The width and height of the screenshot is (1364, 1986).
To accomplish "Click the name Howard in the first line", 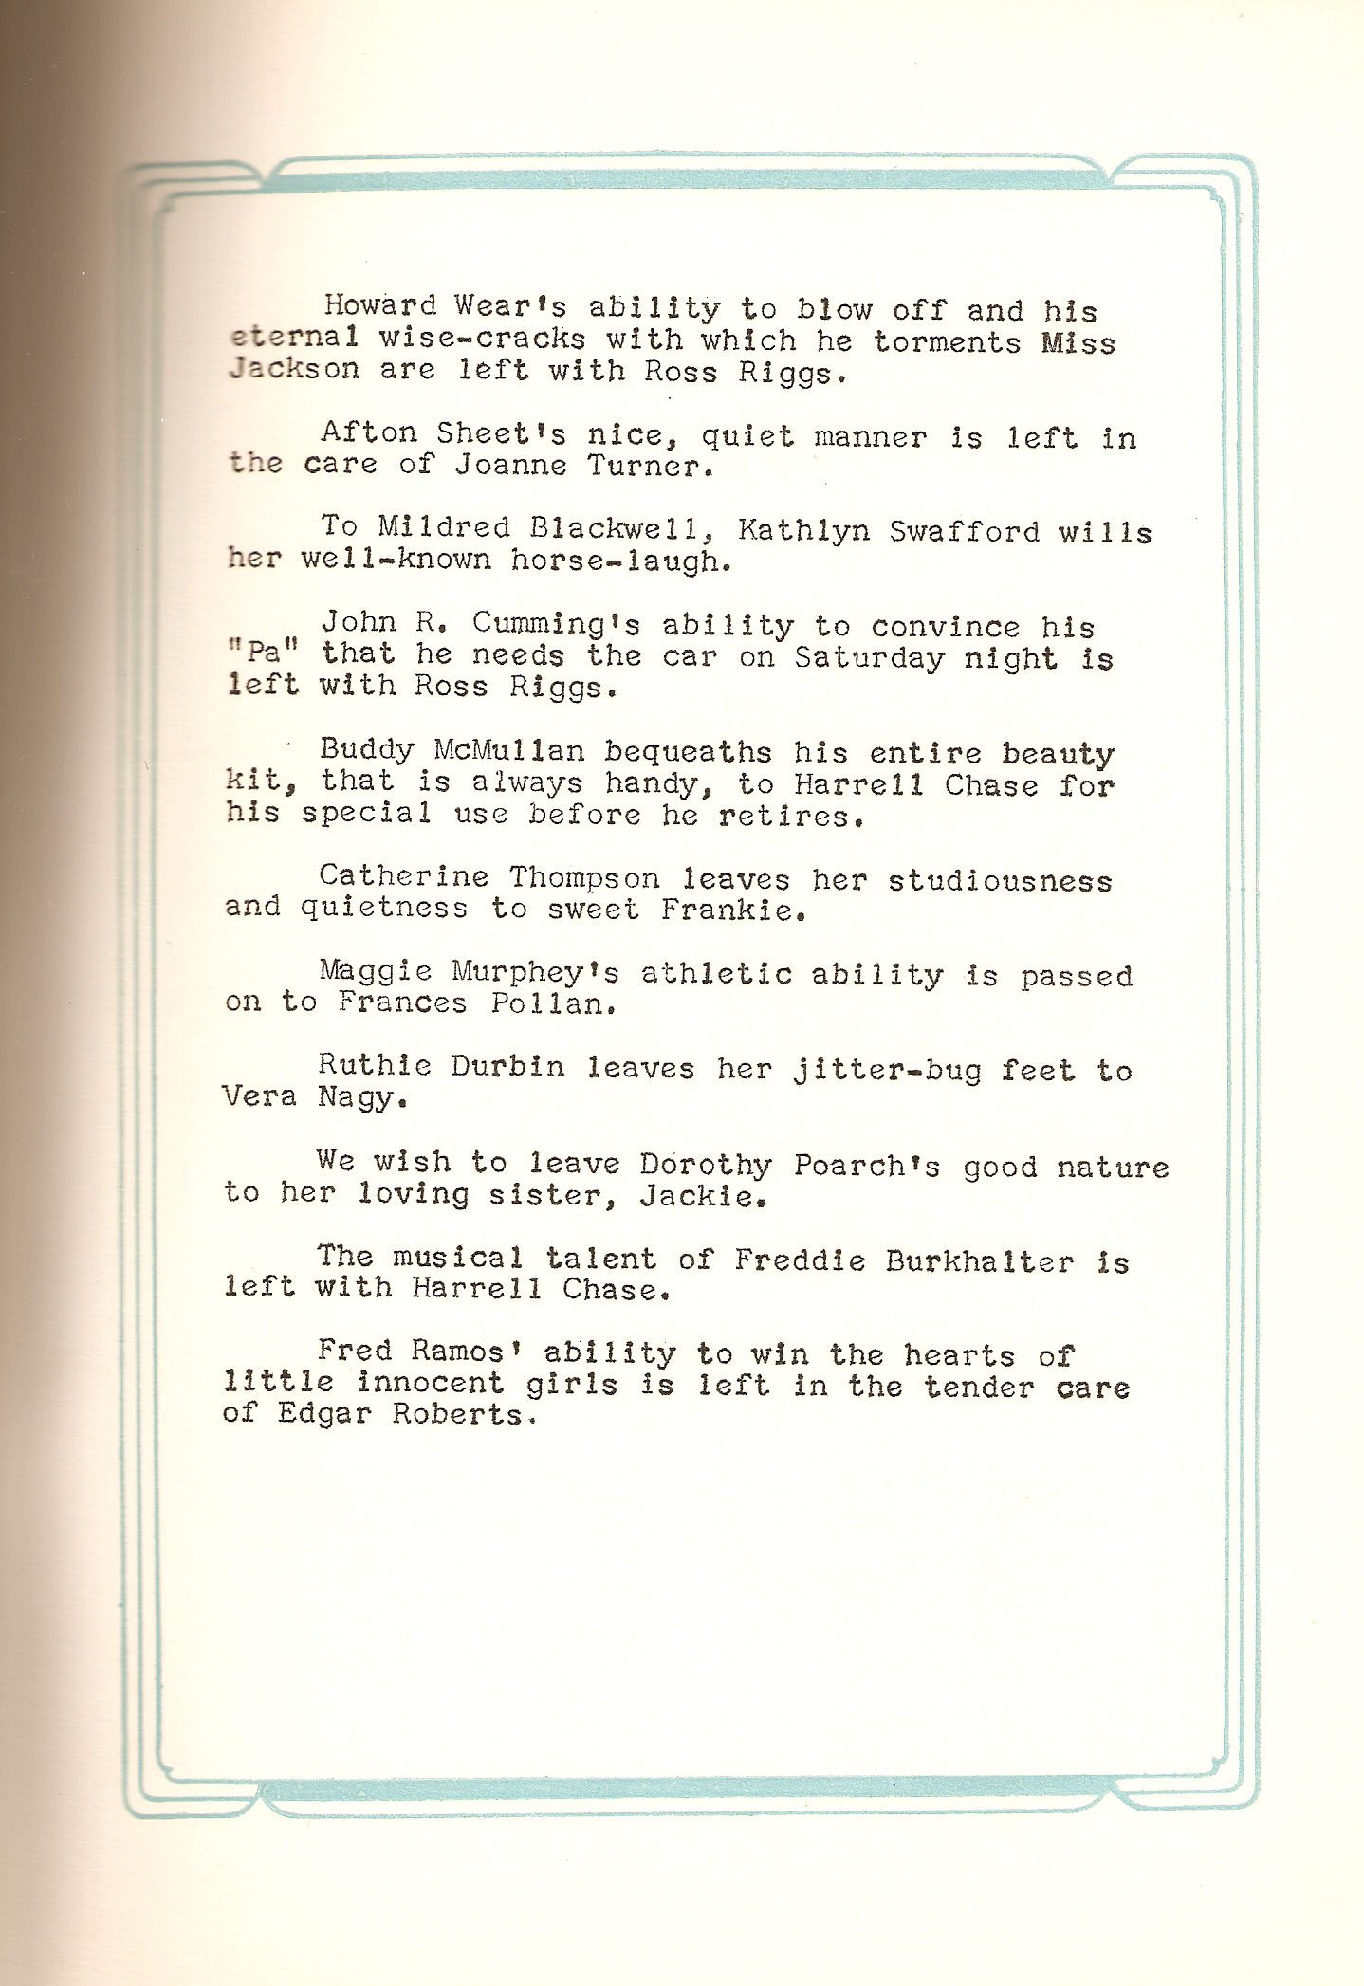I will coord(380,305).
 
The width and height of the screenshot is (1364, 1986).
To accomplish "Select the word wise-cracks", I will coord(482,339).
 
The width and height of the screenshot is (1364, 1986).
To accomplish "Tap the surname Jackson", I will coord(294,369).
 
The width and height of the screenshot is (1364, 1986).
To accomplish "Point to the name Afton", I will coord(369,432).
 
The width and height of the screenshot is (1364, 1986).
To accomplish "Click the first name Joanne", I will coord(510,466).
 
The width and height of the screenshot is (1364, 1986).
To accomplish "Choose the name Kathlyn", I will coord(803,529).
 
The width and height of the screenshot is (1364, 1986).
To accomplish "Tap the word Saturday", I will coord(869,657).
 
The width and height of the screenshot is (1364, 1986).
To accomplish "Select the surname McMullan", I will coord(508,750).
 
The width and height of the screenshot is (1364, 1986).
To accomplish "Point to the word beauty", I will coord(1058,754).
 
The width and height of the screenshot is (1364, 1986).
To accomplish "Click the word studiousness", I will coord(1000,881).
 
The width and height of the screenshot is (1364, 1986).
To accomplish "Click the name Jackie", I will coord(701,1195).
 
